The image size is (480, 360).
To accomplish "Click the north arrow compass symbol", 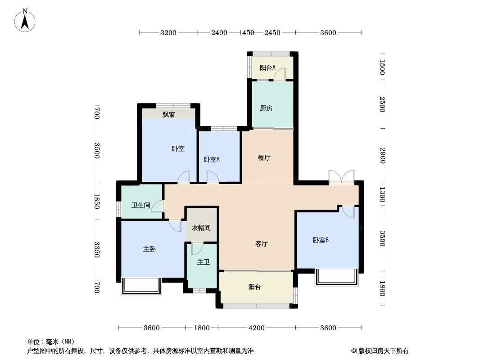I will [26, 20].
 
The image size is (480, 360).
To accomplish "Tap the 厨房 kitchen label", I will [266, 108].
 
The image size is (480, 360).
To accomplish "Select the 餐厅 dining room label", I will [264, 158].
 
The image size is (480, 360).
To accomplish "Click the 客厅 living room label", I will [262, 244].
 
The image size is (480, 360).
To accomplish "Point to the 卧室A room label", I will [212, 159].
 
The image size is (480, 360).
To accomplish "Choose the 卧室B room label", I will [321, 240].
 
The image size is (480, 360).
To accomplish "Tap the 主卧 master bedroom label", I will [149, 249].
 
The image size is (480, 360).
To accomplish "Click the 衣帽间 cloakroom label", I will [201, 228].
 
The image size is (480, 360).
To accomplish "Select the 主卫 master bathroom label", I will [204, 262].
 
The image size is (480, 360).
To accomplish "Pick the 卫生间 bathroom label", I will [140, 206].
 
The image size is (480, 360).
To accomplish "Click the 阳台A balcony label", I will [267, 68].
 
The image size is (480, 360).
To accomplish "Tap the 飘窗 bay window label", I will [169, 115].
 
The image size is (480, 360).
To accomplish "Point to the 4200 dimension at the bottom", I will [257, 328].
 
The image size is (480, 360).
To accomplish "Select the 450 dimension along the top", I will [248, 32].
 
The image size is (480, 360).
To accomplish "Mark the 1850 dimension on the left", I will [96, 201].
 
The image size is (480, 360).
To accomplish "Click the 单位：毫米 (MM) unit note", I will [51, 342].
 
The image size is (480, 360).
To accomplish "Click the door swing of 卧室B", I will [348, 211].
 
